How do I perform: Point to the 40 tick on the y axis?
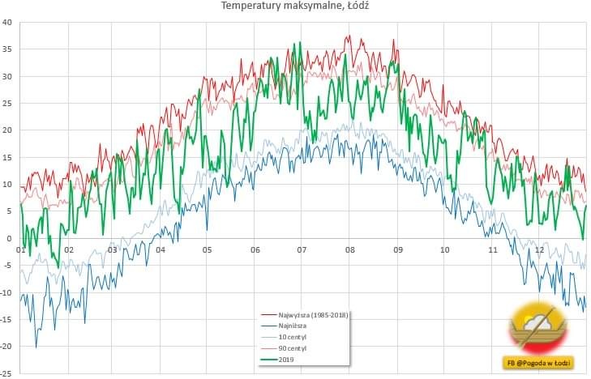point(6,23)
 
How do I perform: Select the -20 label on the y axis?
point(6,347)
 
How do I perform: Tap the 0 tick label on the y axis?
point(9,238)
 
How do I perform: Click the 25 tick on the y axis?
point(6,104)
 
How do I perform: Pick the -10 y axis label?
point(6,292)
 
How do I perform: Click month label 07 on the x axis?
point(302,249)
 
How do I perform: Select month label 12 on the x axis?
point(539,249)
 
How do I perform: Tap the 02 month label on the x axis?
point(69,249)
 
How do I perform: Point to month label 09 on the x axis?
point(397,249)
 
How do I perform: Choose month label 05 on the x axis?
point(208,249)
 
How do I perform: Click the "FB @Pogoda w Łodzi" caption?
point(539,364)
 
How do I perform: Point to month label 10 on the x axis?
point(444,249)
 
